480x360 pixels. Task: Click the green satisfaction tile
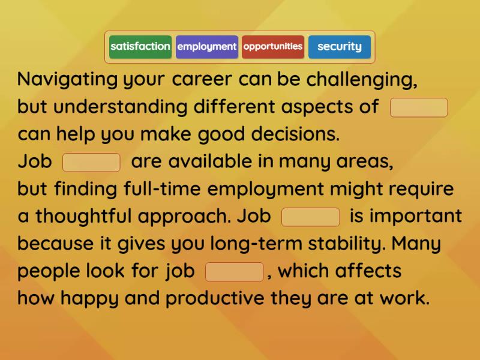pyautogui.click(x=140, y=47)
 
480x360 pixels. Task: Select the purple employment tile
pyautogui.click(x=207, y=47)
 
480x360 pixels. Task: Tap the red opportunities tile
pyautogui.click(x=273, y=47)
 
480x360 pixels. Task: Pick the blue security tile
pyautogui.click(x=340, y=47)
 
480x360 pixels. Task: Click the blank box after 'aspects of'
pyautogui.click(x=419, y=108)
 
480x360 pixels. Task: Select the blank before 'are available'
pyautogui.click(x=92, y=162)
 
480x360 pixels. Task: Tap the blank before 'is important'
pyautogui.click(x=311, y=217)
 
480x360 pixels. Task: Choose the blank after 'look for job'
pyautogui.click(x=235, y=272)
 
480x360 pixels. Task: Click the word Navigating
pyautogui.click(x=67, y=80)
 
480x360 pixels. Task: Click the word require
pyautogui.click(x=422, y=189)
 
